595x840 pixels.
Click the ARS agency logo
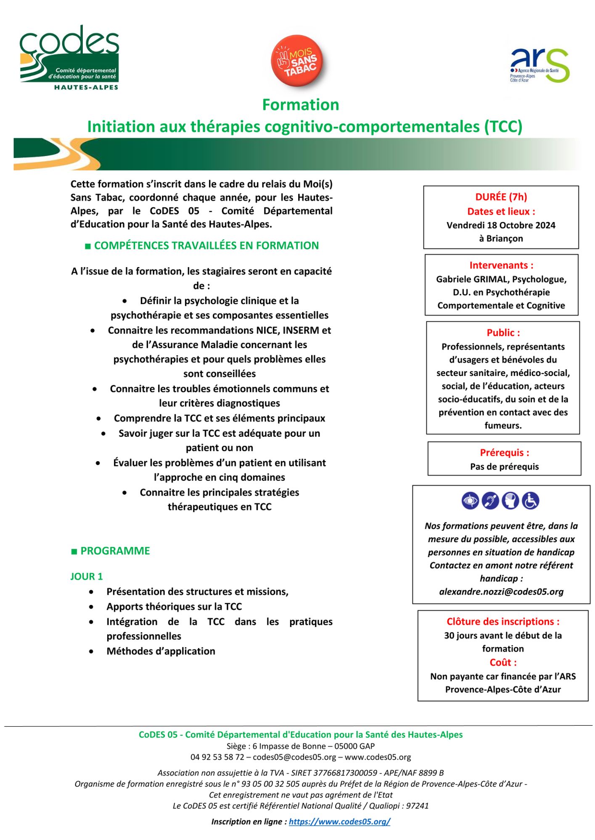[540, 65]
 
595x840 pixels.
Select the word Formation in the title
[301, 105]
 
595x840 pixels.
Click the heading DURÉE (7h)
[501, 197]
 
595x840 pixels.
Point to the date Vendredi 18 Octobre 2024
[501, 225]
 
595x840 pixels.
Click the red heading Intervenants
[501, 265]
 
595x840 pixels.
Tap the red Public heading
[503, 333]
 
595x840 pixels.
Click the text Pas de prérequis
[504, 467]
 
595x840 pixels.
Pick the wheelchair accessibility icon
[530, 501]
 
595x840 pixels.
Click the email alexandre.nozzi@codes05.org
[501, 592]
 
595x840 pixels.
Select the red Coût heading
[503, 662]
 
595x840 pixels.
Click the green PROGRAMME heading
[115, 551]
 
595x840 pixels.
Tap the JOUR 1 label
[87, 576]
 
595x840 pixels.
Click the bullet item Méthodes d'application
[161, 651]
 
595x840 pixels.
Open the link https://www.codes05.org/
[339, 822]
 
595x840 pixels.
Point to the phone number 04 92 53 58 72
[217, 757]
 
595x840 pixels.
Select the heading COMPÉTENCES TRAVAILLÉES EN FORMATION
[206, 246]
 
